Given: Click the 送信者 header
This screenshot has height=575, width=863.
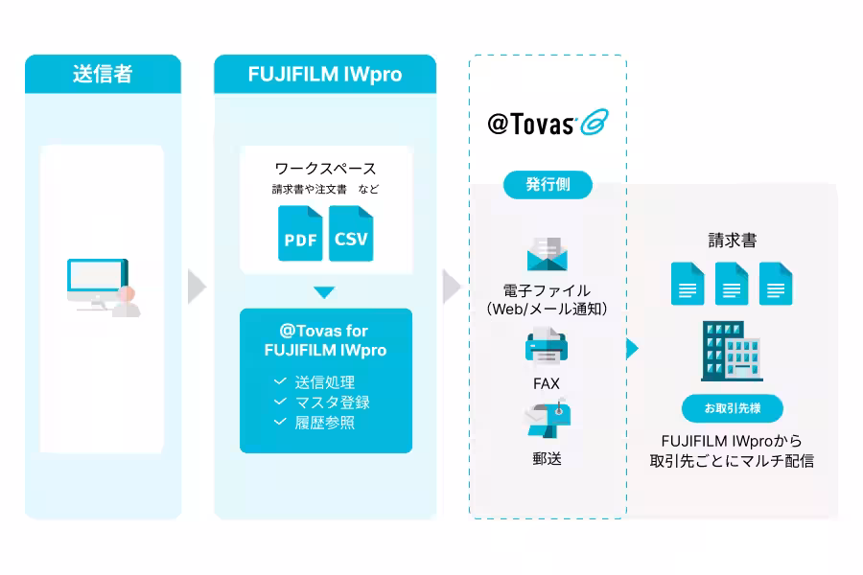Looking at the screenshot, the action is point(103,74).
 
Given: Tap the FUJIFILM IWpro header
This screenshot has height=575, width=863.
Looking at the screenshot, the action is point(325,74).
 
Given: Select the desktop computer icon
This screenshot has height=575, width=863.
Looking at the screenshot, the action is point(104,287).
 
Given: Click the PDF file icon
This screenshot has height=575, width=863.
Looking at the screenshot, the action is point(300,233).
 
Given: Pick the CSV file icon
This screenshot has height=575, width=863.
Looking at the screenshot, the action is point(351,233).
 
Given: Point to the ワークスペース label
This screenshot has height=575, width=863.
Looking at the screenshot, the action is point(325,169).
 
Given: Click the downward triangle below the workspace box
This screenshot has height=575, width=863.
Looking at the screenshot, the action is point(324,292).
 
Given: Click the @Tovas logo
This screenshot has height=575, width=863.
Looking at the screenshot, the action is point(548,123).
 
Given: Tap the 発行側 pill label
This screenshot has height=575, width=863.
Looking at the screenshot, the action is point(548,184).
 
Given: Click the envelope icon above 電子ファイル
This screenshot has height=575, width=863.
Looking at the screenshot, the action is point(548,254).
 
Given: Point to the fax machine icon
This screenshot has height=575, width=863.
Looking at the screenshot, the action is point(546,345).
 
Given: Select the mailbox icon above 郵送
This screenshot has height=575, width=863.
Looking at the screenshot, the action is point(548,420).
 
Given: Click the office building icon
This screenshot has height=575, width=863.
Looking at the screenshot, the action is point(732,351).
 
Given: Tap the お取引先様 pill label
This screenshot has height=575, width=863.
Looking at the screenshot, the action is point(733,408).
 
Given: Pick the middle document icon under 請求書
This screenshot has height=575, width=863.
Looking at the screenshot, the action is point(732,284).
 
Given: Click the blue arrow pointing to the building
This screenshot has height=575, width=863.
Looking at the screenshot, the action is point(633,348).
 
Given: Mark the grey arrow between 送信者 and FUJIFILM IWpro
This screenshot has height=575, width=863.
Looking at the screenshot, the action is point(197,287).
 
